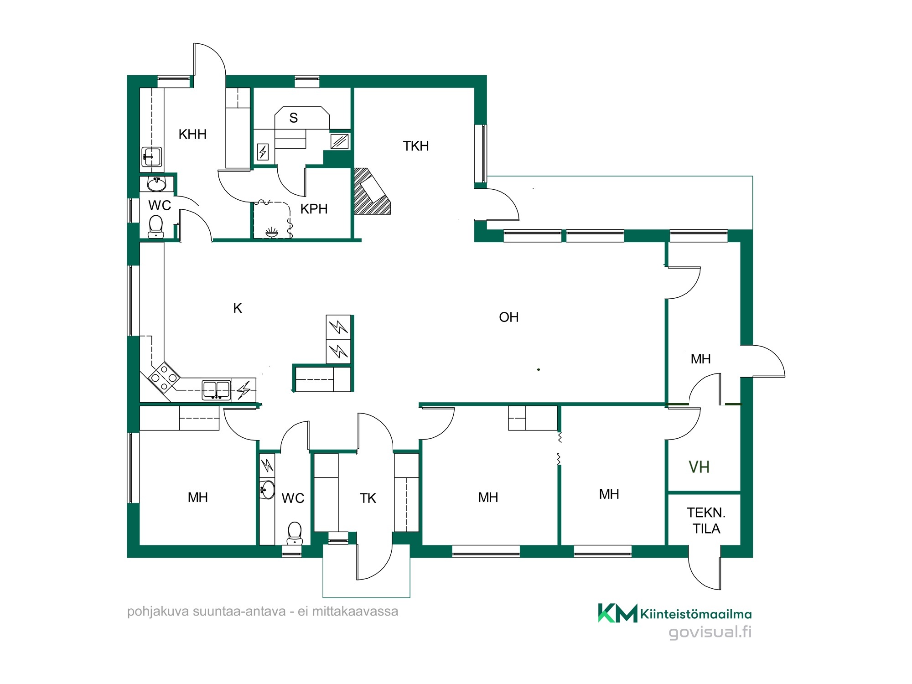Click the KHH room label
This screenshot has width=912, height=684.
coord(192,135)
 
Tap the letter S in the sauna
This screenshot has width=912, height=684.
coord(294,118)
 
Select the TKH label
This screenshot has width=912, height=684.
coord(416,146)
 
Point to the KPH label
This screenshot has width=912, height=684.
coord(314,209)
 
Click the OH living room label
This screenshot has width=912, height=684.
coord(509,317)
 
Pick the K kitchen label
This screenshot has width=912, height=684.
coord(238,308)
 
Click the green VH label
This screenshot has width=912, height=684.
coord(699,467)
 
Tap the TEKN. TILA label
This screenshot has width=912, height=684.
coord(706,521)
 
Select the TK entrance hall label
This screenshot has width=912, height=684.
coord(368,498)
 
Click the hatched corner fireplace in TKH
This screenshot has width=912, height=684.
coord(371,192)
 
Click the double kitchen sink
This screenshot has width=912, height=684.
coord(217,390)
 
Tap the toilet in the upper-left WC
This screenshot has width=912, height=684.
coord(156,226)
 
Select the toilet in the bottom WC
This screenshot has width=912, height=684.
coord(295,533)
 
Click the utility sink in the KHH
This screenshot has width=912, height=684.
coord(151,157)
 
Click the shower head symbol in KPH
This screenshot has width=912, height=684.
coord(272,233)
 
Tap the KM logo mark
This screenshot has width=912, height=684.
coord(618,613)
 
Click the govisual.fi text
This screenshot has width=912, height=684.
coord(710,632)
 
